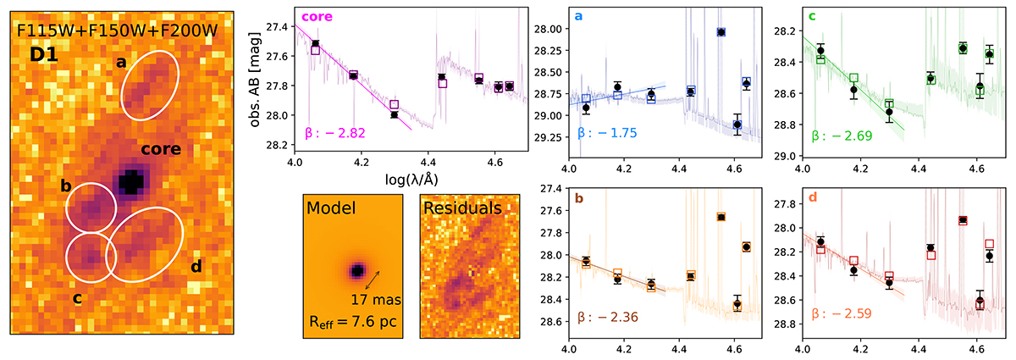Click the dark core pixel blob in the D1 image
click(x=131, y=182)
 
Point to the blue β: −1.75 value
click(x=606, y=133)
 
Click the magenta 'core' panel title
click(x=317, y=17)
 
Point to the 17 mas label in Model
click(x=371, y=298)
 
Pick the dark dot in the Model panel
click(x=358, y=271)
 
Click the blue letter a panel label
click(x=579, y=16)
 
